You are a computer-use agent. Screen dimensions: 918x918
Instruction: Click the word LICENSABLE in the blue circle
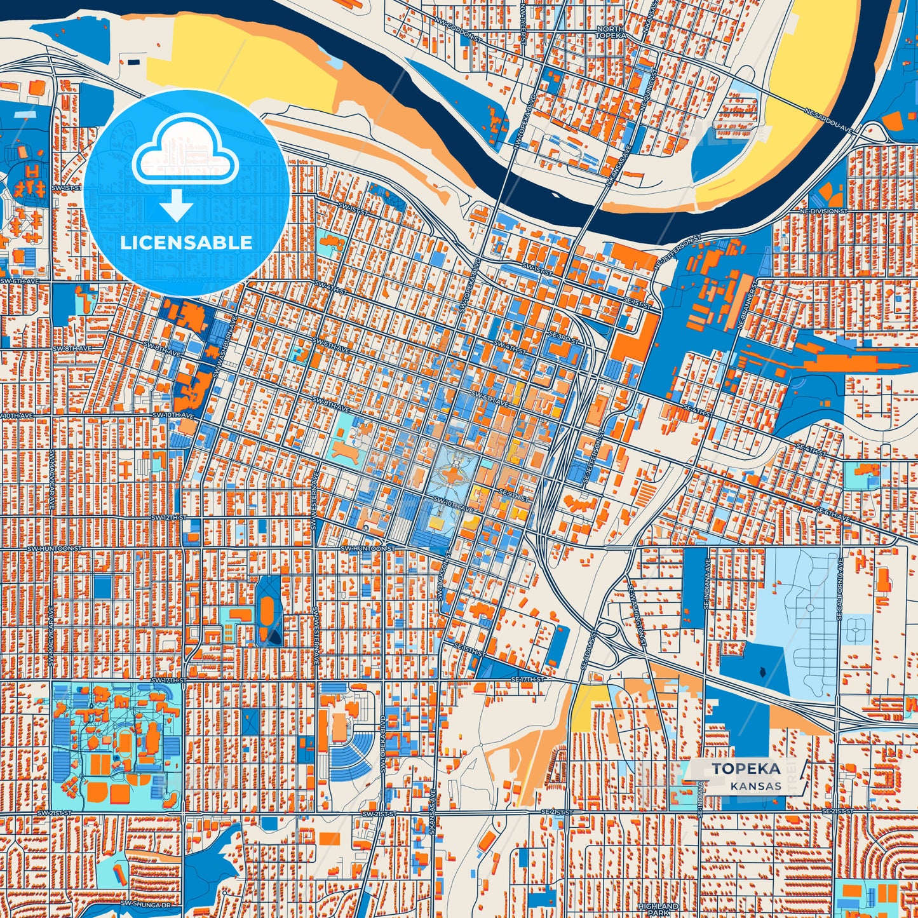click(x=186, y=243)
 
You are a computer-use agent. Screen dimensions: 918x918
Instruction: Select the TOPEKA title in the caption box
click(x=746, y=769)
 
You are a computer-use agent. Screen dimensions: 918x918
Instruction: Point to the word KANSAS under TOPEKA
click(x=755, y=786)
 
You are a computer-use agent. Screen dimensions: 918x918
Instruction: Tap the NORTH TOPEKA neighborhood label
click(x=610, y=33)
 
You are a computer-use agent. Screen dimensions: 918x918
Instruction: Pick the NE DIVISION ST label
click(x=823, y=211)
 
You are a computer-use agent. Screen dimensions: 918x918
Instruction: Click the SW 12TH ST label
click(x=169, y=518)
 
